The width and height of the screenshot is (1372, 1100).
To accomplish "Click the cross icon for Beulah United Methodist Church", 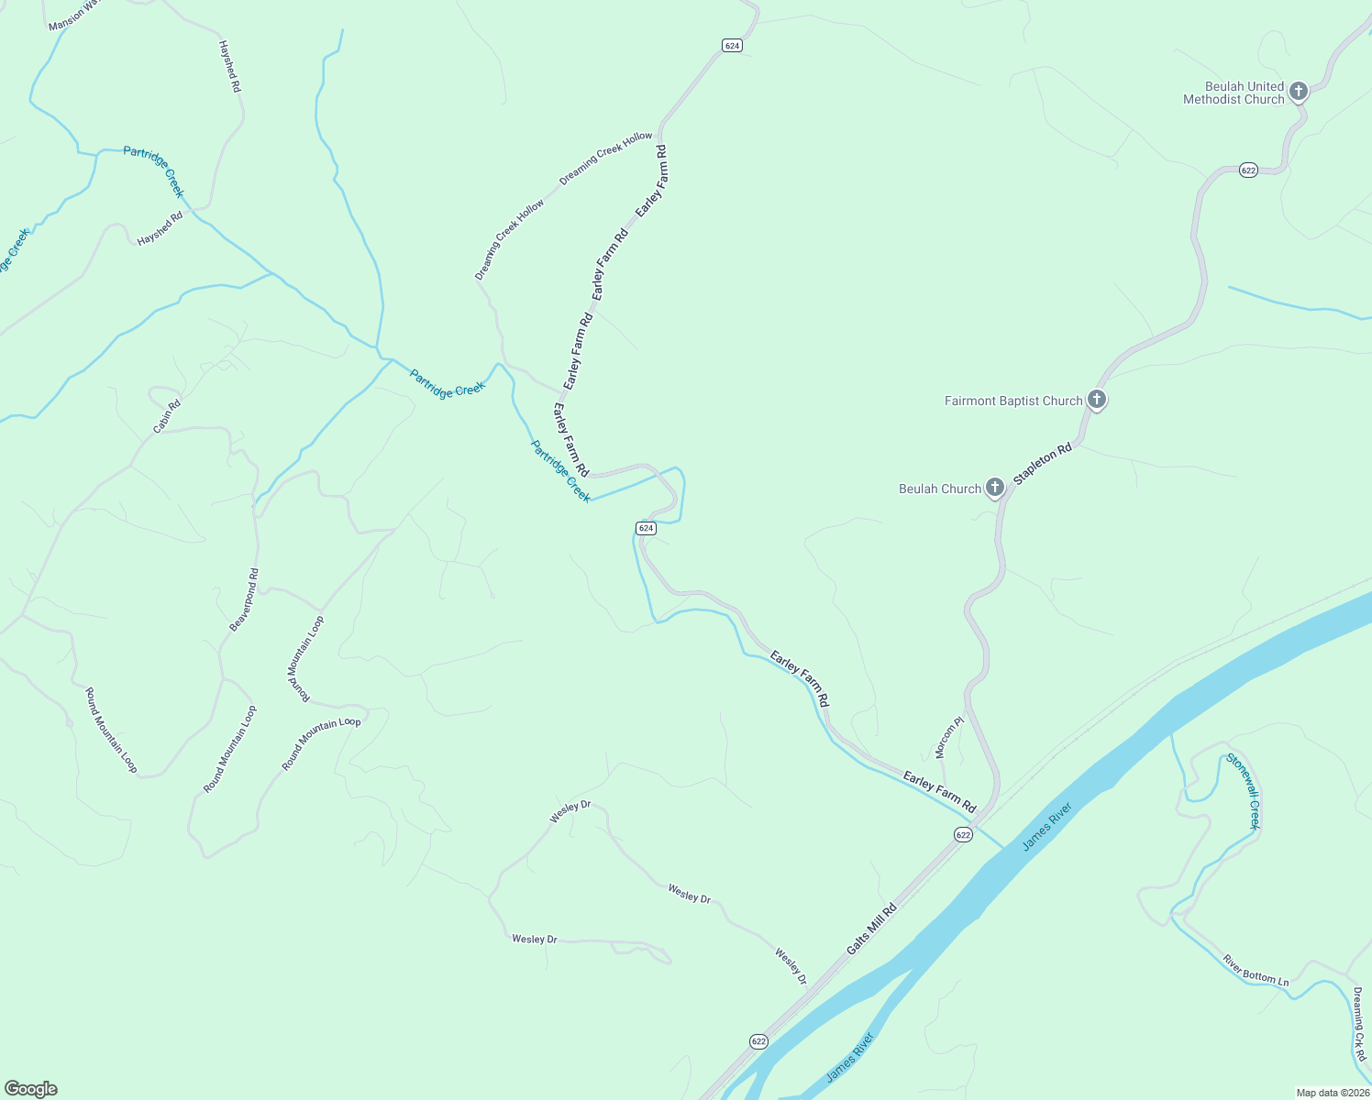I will [1298, 91].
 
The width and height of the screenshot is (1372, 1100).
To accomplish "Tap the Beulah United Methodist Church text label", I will [1234, 93].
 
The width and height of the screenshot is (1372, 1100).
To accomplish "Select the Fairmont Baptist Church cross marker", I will [1096, 400].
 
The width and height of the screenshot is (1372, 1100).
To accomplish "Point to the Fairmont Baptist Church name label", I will [1013, 401].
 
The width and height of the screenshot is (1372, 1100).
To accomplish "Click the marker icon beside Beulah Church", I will [995, 488].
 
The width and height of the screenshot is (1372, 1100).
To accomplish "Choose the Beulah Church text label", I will [940, 489].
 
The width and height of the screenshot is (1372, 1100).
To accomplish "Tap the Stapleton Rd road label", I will [1043, 465].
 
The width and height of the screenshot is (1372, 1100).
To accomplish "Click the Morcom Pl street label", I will [949, 737].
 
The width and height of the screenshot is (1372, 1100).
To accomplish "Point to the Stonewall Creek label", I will [1244, 790].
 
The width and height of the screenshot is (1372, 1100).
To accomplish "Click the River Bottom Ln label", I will [1256, 971].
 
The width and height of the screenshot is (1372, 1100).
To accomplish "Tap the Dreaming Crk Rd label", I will [1359, 1023].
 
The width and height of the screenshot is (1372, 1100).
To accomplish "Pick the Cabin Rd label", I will [167, 416].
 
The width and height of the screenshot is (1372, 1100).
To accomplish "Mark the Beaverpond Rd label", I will [244, 599].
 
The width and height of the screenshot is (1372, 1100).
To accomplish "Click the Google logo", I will [31, 1089].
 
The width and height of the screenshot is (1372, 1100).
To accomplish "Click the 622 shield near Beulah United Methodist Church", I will [1248, 170].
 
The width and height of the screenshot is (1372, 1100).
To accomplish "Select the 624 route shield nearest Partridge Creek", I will [646, 528].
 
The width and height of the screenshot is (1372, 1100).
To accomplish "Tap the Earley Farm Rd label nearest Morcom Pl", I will [939, 792].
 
